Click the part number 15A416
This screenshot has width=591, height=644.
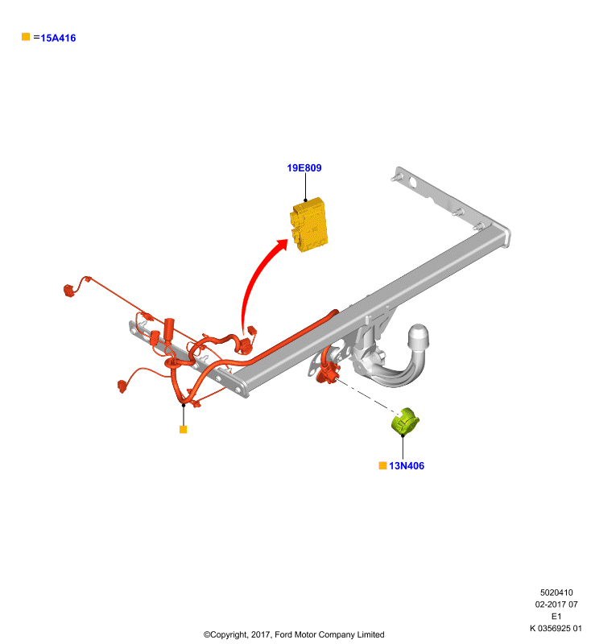[x=58, y=38]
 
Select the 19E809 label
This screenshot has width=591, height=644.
[x=304, y=168]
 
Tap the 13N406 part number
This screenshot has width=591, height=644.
[x=407, y=466]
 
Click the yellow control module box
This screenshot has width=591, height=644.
[x=309, y=225]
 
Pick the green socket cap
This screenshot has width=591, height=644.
[x=405, y=420]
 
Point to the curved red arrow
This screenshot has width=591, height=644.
[x=254, y=279]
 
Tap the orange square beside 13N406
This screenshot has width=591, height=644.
[x=382, y=465]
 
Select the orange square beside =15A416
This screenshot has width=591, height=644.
[x=26, y=37]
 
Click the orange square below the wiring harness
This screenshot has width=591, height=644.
[x=183, y=429]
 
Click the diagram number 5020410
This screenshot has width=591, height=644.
[x=556, y=592]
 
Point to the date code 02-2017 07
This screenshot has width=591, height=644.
[x=556, y=605]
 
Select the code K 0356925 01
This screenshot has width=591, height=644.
[x=556, y=628]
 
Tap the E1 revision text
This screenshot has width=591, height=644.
[x=556, y=616]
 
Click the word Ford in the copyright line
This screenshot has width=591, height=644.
[x=283, y=634]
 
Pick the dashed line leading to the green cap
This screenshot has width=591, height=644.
[x=366, y=395]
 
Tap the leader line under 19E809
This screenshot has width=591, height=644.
[x=305, y=187]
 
